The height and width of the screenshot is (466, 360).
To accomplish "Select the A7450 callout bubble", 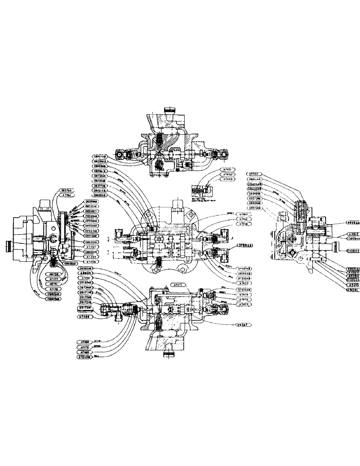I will pyautogui.click(x=228, y=174).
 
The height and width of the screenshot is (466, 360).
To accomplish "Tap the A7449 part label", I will pyautogui.click(x=228, y=179).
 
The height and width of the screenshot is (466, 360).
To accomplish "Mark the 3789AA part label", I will pyautogui.click(x=244, y=245).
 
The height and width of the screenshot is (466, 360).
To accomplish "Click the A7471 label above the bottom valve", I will pyautogui.click(x=178, y=284).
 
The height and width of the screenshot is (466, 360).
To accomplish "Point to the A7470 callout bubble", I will pyautogui.click(x=84, y=347).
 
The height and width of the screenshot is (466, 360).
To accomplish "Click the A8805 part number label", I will pyautogui.click(x=86, y=274).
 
